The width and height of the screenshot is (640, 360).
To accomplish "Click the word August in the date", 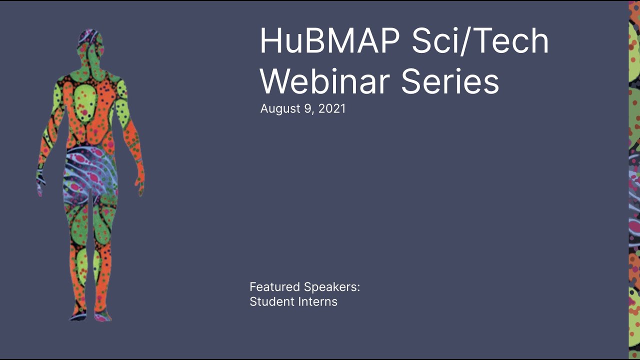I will tap(279, 109).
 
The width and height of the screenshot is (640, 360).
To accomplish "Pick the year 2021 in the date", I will tap(331, 108).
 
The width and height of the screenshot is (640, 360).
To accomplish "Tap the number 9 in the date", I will tap(306, 108).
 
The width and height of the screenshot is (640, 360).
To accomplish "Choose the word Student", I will tap(270, 301).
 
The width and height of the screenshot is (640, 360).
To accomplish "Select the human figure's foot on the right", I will tap(103, 315).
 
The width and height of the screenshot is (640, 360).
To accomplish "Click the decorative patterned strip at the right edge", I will tap(634, 180).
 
